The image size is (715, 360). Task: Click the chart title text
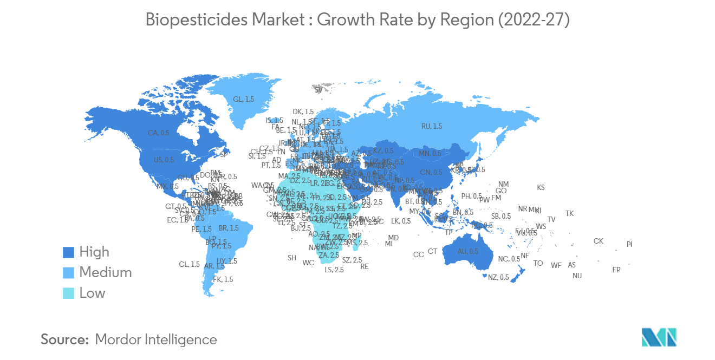point(357,20)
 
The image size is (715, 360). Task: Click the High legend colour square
point(68,252)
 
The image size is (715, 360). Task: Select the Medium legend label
point(105,272)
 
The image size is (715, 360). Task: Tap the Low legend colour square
point(68,293)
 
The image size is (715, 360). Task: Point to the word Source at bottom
point(64,339)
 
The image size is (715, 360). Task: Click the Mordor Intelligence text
point(155,339)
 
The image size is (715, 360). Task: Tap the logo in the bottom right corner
point(659,337)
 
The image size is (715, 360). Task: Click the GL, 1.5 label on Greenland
point(243,100)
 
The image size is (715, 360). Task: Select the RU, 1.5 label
point(432,126)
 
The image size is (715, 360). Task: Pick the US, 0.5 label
point(164,160)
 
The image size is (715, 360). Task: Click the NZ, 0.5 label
point(497,278)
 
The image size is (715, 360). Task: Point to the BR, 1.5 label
point(228,228)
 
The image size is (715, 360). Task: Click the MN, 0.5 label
point(430,153)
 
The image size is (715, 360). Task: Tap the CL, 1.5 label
point(189,265)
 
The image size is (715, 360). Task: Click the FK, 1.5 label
point(223,279)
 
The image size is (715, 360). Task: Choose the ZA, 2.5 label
point(329,255)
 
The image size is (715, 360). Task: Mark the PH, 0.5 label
point(471,197)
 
